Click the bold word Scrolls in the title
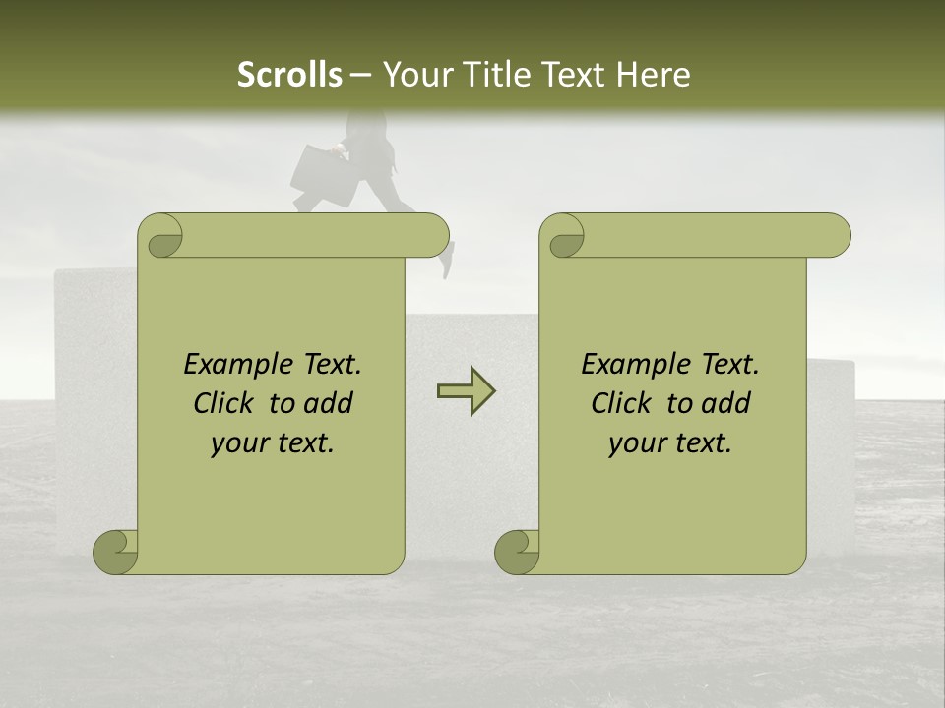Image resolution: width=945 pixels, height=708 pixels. [289, 74]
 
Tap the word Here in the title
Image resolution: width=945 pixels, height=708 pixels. [653, 74]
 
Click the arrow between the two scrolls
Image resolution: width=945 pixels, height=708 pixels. [466, 391]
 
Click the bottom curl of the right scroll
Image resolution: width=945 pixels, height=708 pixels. [516, 552]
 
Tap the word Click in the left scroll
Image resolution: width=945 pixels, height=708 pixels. [225, 403]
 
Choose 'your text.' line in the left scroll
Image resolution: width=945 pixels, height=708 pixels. [273, 443]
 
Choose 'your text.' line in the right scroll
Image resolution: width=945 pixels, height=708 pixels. [670, 443]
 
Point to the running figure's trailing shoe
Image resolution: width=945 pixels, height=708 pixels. [447, 261]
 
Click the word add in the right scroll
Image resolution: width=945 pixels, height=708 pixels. [724, 403]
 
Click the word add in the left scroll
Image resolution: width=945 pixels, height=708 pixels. [327, 403]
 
